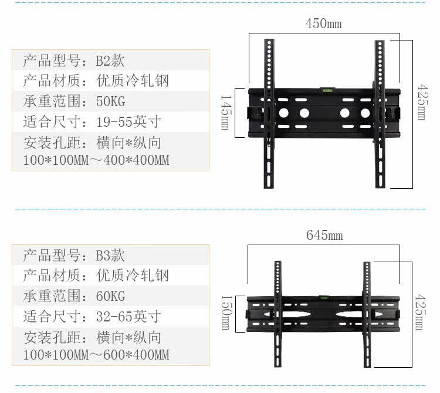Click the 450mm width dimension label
[323, 24]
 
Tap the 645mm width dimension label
[324, 236]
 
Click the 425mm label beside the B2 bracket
[421, 103]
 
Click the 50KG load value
[110, 101]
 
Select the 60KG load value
[110, 296]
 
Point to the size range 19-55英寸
[128, 122]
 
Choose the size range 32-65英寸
[128, 317]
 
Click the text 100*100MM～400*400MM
[96, 160]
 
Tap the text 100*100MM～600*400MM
[96, 355]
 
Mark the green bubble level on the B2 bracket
[324, 90]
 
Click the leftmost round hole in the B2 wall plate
[283, 113]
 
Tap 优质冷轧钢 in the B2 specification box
[133, 81]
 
